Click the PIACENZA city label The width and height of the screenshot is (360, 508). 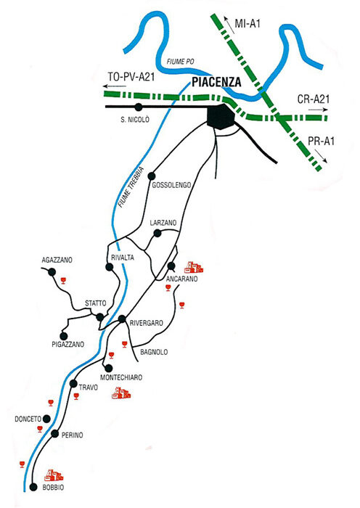click(216, 82)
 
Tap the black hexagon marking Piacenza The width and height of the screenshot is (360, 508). click(221, 117)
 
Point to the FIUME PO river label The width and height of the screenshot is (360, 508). click(181, 62)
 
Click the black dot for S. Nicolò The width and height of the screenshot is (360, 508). click(139, 107)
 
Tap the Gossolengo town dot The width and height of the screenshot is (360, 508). click(151, 176)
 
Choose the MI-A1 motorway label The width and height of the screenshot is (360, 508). click(247, 23)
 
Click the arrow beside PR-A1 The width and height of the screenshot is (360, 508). click(321, 156)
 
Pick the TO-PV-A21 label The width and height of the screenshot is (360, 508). click(131, 77)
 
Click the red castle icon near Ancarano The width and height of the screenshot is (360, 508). click(194, 268)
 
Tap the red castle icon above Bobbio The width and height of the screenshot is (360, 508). click(54, 475)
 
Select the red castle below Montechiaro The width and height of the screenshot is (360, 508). click(121, 393)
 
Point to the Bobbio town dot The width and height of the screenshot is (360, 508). click(33, 487)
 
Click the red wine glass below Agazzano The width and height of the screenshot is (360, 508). click(63, 281)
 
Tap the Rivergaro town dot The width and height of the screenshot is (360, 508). click(122, 319)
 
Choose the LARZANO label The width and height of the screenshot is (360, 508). click(163, 223)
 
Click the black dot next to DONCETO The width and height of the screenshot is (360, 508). click(46, 419)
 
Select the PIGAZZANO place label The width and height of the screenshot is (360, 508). click(68, 345)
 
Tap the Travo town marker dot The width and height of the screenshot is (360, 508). click(73, 384)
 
